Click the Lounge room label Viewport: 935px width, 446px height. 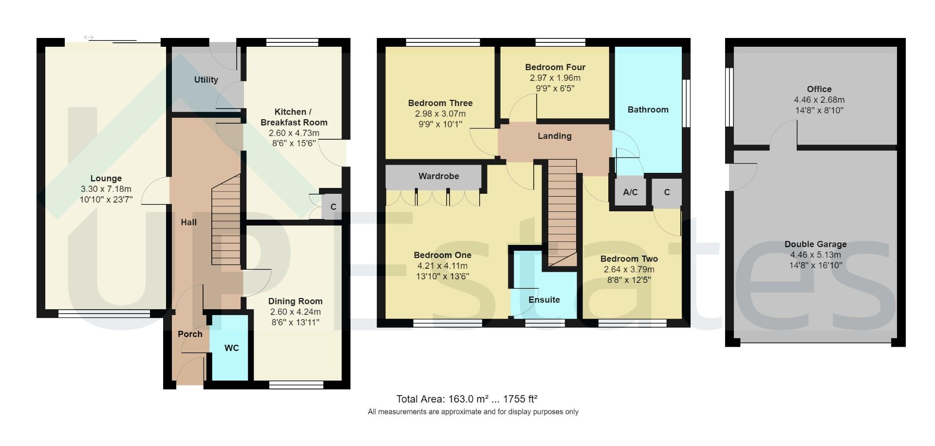[106, 178]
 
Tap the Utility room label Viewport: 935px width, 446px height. [206, 79]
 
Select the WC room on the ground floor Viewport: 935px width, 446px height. [231, 348]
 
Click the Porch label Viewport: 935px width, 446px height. [190, 334]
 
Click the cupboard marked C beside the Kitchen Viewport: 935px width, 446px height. [333, 206]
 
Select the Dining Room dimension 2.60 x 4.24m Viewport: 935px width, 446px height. [295, 312]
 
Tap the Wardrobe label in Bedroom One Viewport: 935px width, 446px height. [438, 176]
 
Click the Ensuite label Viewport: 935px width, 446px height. [544, 299]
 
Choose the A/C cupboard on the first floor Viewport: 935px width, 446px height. [630, 192]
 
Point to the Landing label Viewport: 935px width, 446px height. [554, 136]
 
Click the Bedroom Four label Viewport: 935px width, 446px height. [555, 67]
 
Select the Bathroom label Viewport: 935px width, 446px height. [648, 110]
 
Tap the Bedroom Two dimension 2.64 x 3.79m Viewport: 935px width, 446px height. [629, 269]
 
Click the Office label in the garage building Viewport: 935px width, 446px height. [819, 89]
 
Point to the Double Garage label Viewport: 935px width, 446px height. [815, 244]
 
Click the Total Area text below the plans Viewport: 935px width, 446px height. [467, 399]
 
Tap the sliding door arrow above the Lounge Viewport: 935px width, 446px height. [89, 37]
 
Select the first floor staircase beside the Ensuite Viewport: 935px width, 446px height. [562, 212]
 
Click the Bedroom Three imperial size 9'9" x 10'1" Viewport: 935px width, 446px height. [440, 124]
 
